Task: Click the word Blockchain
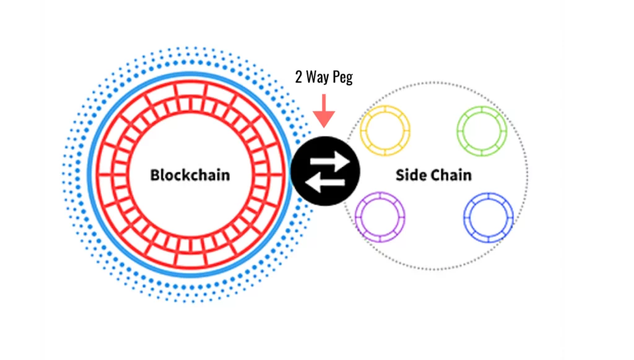click(x=190, y=175)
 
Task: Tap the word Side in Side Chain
click(x=409, y=175)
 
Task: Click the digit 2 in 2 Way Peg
click(x=298, y=78)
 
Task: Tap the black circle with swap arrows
click(x=324, y=172)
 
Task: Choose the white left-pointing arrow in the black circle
click(x=322, y=182)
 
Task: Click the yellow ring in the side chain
click(x=385, y=131)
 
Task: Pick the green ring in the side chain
click(x=482, y=131)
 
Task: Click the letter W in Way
click(x=313, y=78)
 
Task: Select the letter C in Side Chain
click(x=433, y=175)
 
